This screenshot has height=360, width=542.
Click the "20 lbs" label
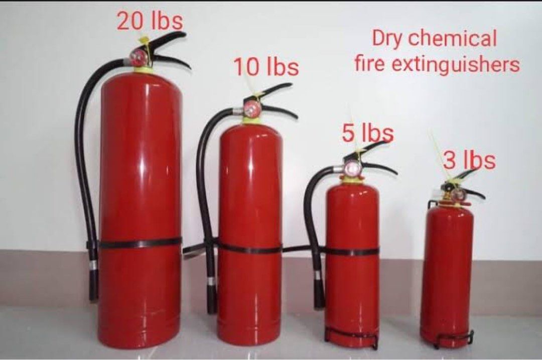[150, 22]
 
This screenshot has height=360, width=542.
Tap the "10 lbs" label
[266, 67]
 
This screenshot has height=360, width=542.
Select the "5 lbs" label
[368, 134]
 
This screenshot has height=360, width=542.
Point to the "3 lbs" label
[470, 161]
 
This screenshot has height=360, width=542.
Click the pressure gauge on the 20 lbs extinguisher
[137, 58]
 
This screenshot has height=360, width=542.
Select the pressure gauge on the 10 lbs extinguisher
[251, 107]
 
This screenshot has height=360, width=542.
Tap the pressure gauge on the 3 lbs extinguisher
[457, 195]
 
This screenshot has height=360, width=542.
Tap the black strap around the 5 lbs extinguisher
[352, 251]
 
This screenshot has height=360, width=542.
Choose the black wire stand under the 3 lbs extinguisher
[454, 339]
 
